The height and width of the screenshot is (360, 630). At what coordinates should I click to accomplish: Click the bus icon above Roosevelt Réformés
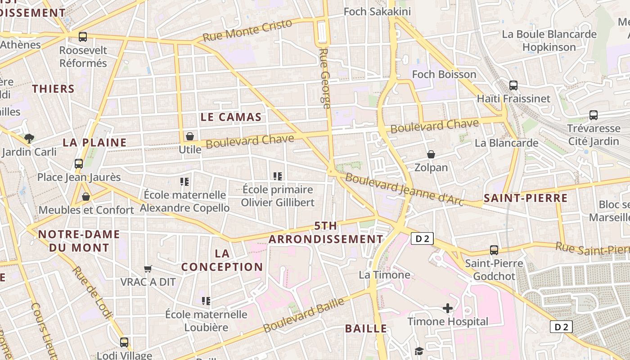82,37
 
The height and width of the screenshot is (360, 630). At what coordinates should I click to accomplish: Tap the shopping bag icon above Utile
190,136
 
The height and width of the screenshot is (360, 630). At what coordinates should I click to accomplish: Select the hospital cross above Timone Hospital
448,308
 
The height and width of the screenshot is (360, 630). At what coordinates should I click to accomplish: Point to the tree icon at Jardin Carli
29,138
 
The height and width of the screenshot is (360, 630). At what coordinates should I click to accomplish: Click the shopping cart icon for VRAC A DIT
148,269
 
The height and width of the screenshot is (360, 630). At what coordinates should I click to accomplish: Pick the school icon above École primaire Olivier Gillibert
278,176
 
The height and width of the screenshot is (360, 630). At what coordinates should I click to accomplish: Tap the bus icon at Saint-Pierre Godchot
494,250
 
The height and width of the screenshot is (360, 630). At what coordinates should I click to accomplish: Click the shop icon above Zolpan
431,154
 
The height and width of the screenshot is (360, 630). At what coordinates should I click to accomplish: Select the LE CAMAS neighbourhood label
231,117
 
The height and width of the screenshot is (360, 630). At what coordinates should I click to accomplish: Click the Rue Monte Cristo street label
247,31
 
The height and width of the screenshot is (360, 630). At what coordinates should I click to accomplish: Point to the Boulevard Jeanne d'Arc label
404,189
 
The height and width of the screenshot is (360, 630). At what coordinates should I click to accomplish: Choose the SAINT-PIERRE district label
525,198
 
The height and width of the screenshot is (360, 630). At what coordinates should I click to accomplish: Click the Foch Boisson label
444,74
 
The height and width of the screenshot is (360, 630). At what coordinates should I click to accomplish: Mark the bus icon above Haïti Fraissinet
513,85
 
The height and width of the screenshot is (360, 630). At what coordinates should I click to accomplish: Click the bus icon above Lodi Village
124,342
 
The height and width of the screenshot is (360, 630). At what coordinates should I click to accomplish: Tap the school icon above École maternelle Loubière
206,301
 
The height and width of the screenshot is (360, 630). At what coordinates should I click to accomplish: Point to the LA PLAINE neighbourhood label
94,143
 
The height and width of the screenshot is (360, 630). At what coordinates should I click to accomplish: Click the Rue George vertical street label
325,79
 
